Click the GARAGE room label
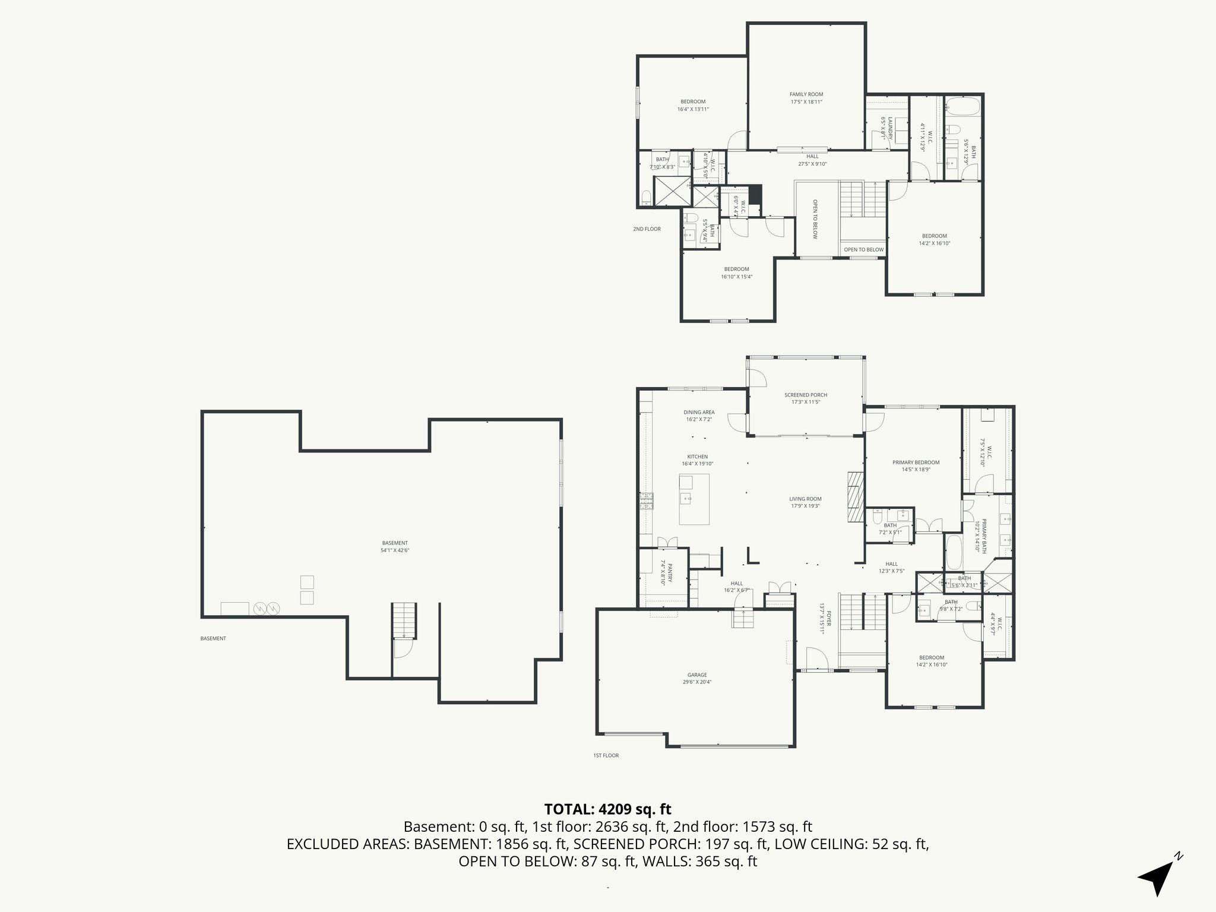(x=697, y=674)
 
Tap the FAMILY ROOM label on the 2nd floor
(x=806, y=94)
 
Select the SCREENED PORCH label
(x=806, y=395)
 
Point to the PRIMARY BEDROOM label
(x=916, y=463)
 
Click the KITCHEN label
(x=698, y=457)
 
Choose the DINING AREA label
(x=699, y=412)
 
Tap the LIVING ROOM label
(x=806, y=499)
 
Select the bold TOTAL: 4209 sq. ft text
(x=607, y=809)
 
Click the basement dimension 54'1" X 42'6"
(x=395, y=550)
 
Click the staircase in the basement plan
(x=404, y=620)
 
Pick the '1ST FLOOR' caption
(x=606, y=756)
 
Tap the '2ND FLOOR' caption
(x=647, y=229)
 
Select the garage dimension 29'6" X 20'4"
(x=697, y=682)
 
